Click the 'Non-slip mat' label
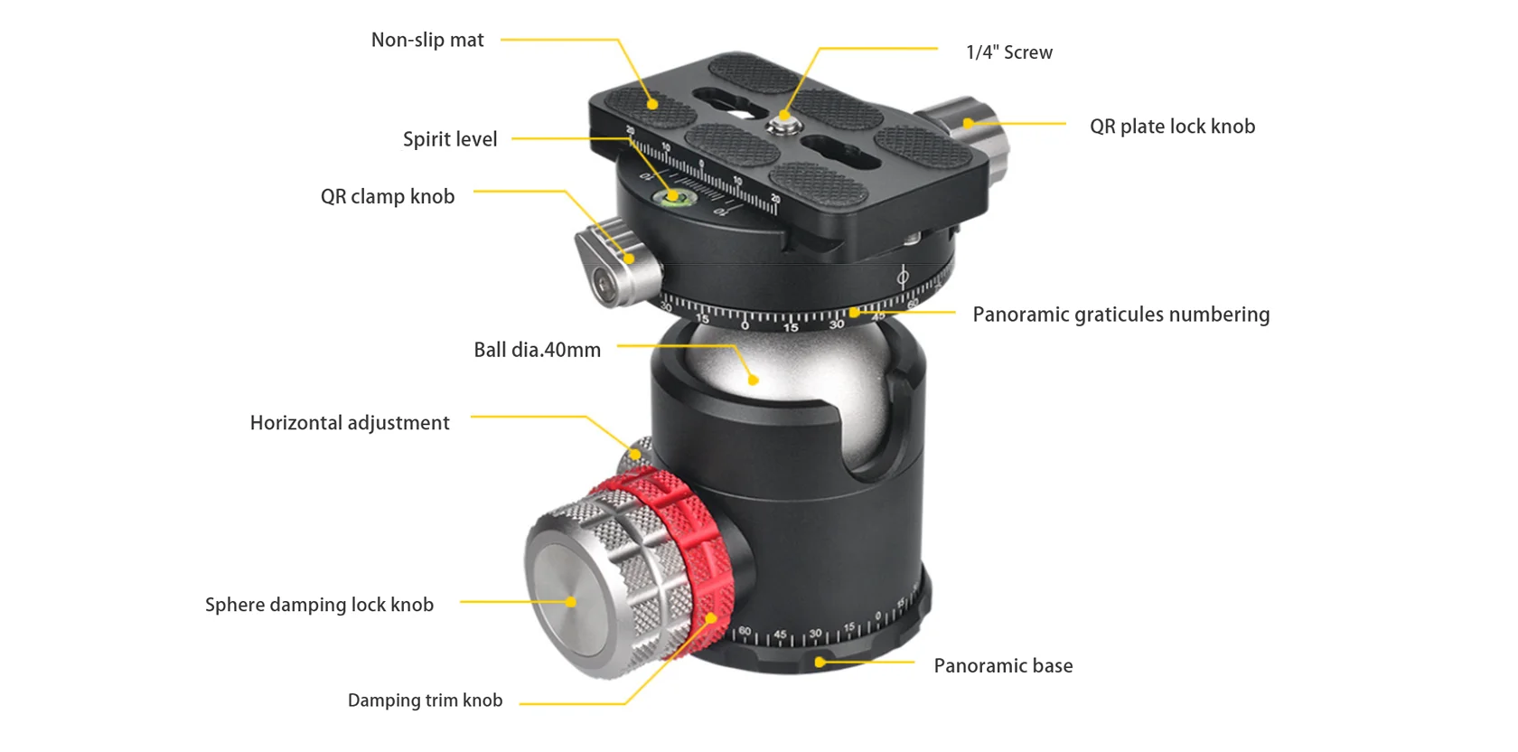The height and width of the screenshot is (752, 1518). pos(427,40)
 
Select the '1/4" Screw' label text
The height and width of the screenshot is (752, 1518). pos(1008,52)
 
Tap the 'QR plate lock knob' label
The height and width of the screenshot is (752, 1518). pos(1172,127)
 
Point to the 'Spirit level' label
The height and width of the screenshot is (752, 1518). pos(450,139)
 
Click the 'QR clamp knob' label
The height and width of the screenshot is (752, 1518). pos(388,196)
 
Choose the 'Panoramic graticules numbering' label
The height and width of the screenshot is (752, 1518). pos(1120,315)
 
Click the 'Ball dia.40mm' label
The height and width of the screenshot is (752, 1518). pos(537,350)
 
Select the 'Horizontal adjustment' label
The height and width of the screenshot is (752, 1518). pos(350,423)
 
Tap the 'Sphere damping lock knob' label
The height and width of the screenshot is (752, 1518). pos(319,605)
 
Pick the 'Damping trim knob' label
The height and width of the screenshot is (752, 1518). pos(425,700)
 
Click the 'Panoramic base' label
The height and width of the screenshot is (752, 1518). pos(1003,666)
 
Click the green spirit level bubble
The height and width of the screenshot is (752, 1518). pos(673,195)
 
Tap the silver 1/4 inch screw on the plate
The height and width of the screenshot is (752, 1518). pos(783,120)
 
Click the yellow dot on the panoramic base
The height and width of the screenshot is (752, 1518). pos(820,663)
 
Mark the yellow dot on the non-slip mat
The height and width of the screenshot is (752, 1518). pos(652,104)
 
